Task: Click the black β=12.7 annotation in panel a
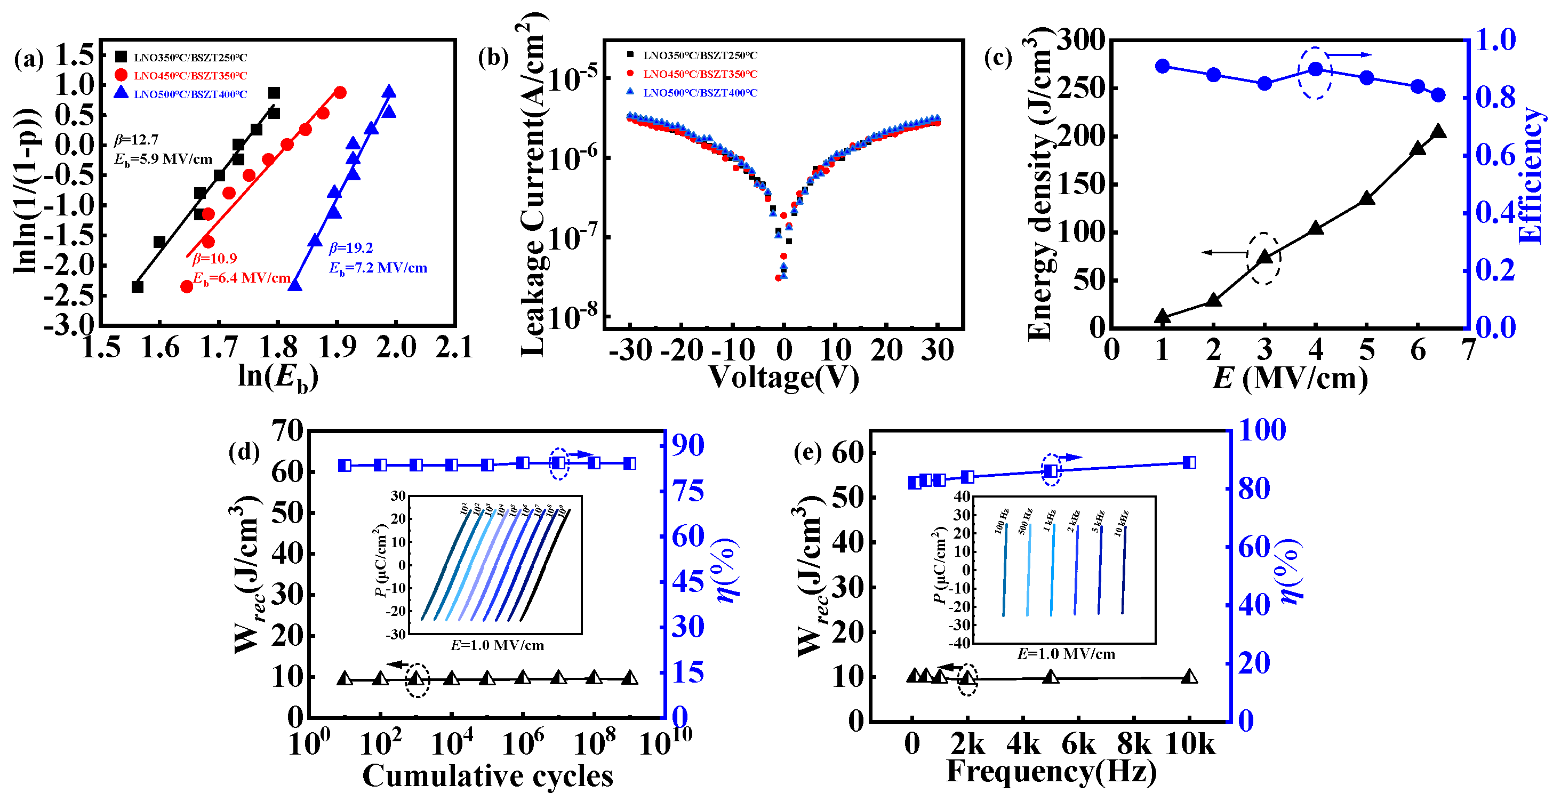pos(137,140)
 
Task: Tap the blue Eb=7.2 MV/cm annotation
pos(378,268)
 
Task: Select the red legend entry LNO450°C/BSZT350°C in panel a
pos(190,76)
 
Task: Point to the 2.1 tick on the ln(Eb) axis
pos(454,348)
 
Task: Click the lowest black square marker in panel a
pos(138,286)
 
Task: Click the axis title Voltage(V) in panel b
pos(783,377)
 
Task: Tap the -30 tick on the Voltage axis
pos(630,350)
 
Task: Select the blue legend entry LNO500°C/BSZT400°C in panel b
pos(699,93)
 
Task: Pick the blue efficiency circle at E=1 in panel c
pos(1162,66)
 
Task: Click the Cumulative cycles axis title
pos(487,776)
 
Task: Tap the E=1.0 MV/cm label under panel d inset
pos(497,645)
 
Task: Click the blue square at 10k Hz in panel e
pos(1189,463)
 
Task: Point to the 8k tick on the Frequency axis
pos(1134,743)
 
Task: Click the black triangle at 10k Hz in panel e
pos(1189,677)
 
